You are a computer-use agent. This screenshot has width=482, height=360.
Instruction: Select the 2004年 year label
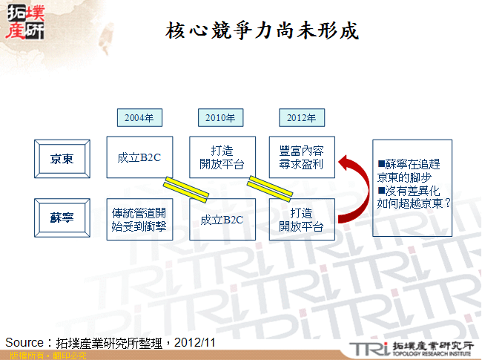point(139,117)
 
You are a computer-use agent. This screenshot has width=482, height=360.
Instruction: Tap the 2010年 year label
point(220,117)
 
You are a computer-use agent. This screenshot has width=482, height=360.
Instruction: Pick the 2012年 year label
point(301,117)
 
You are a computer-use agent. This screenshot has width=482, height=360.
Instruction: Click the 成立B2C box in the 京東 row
point(139,157)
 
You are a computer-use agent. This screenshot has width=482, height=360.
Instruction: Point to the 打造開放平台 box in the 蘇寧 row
point(301,220)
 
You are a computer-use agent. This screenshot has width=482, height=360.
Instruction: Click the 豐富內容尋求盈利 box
point(301,157)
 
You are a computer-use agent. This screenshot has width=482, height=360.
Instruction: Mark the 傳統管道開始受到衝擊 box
point(139,220)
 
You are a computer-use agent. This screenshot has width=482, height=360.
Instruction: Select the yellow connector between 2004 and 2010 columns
point(180,189)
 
